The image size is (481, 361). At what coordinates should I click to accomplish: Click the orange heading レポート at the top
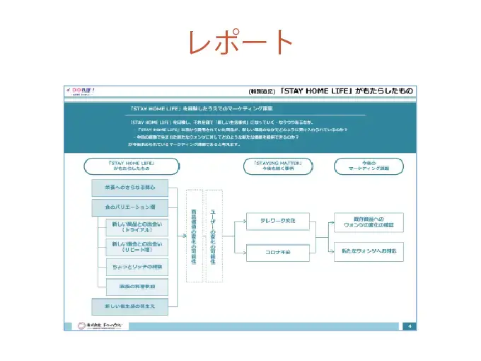(240, 42)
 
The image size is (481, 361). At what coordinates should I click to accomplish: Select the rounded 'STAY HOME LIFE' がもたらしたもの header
(131, 166)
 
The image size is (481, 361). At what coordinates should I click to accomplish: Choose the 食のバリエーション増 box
(131, 207)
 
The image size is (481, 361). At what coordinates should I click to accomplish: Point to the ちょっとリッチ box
(137, 267)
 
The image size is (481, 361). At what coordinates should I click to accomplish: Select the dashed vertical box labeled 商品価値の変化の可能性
(194, 236)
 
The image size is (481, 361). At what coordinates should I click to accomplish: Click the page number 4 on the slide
(411, 326)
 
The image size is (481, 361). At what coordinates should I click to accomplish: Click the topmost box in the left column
(131, 188)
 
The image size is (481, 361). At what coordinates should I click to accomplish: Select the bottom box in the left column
(131, 306)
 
